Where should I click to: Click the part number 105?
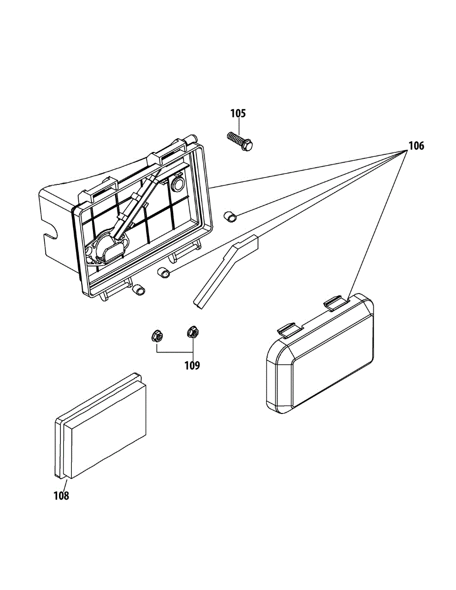(x=238, y=114)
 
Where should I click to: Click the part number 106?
(x=416, y=146)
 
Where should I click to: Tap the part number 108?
(x=61, y=496)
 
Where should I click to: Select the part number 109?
(x=192, y=366)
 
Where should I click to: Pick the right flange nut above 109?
(x=193, y=333)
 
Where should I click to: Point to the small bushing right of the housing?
(x=230, y=216)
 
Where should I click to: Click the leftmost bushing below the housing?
(x=139, y=290)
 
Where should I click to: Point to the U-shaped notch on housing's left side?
(x=49, y=230)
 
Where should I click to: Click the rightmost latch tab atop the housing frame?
(x=191, y=140)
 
